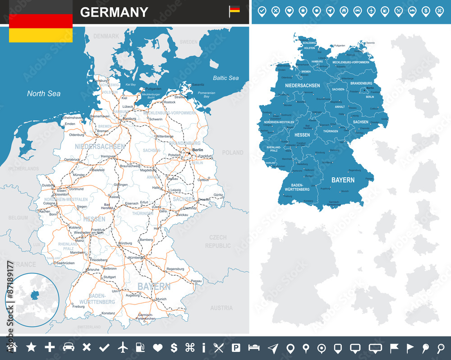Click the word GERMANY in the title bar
tap(114, 12)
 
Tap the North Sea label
tap(44, 94)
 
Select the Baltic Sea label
tap(226, 78)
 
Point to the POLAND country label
tap(232, 153)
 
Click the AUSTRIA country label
tap(221, 308)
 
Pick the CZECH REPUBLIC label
tap(218, 241)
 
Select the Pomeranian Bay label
tap(207, 94)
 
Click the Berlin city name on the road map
tap(198, 150)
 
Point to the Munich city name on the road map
tap(161, 299)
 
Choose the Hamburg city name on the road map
tap(129, 119)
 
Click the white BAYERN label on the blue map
tap(343, 180)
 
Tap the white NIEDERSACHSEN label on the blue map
tap(302, 86)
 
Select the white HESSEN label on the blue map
tap(302, 135)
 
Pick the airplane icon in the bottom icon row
tap(123, 347)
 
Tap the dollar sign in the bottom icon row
tap(174, 347)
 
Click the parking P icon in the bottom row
tap(235, 347)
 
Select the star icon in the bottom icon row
tap(31, 347)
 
